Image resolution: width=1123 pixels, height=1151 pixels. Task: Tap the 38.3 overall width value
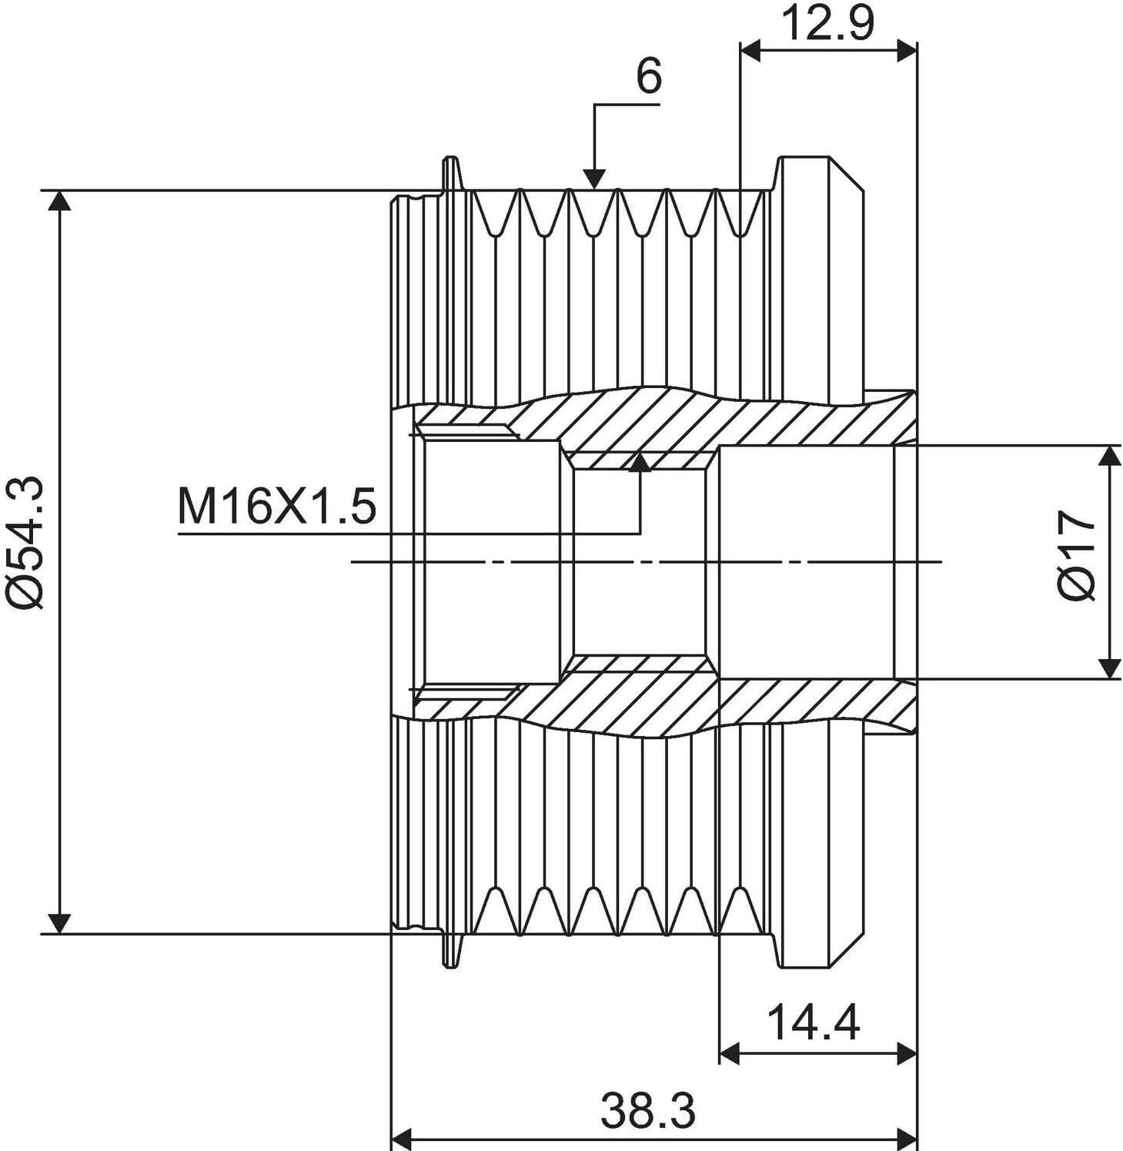[x=647, y=1109]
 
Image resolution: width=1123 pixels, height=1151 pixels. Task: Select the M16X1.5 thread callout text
[x=277, y=507]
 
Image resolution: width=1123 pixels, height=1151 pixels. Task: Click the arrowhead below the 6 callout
[x=593, y=179]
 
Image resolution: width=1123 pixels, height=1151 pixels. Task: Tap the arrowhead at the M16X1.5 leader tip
[x=640, y=461]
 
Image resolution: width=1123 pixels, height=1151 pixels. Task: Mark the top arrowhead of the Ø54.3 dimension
[x=59, y=200]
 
